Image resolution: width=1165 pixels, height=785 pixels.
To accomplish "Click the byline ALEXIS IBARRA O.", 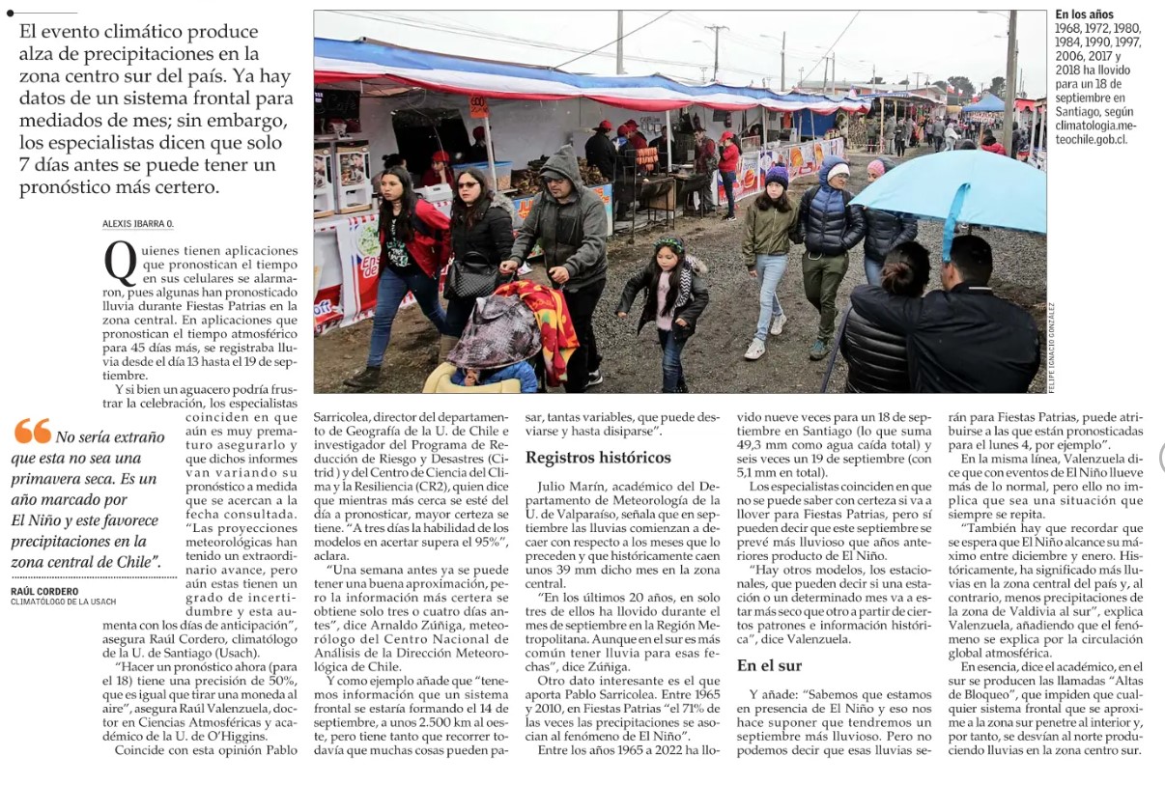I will coord(138,224).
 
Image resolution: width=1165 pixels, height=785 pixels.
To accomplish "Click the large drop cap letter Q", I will coord(120,265).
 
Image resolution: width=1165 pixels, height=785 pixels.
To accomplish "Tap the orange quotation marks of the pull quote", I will coord(33,432).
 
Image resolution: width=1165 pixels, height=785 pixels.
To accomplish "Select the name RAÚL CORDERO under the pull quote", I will coord(44,591).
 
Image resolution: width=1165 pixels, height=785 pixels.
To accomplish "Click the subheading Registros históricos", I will coord(598,458).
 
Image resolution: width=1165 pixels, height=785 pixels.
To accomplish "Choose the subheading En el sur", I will coord(770,665).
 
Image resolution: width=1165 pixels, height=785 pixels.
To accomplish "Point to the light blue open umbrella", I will coord(947,189).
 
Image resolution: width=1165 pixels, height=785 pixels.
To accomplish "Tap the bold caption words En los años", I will coord(1084,14).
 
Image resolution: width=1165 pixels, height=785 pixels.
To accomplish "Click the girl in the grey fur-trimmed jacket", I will coord(667,299).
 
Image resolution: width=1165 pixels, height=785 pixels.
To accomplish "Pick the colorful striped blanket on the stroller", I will coord(541,323).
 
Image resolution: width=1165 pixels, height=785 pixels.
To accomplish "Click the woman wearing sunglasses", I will coord(480,241).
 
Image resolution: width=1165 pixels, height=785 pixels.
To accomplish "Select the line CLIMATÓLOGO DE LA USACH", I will coord(64,603).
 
